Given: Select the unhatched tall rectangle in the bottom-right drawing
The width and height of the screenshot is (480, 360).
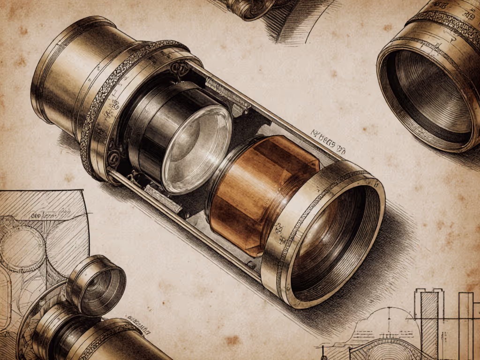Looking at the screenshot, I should click(465, 323).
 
